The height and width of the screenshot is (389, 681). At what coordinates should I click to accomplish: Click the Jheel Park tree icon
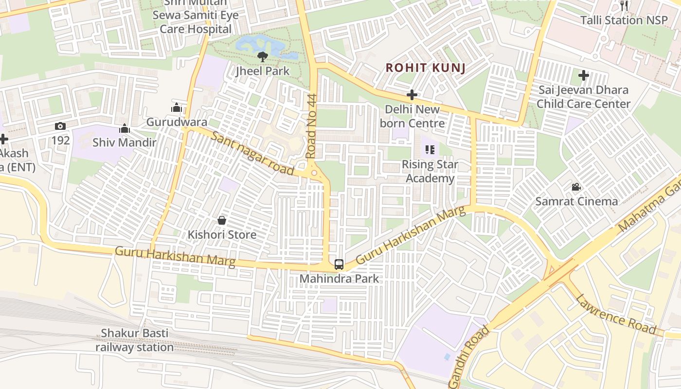coord(263,57)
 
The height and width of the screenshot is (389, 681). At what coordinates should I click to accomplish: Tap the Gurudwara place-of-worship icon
coord(176,107)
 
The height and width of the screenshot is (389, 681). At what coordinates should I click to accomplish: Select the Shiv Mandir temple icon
coord(125,128)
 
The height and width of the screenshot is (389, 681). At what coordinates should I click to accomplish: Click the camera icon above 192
coord(60,126)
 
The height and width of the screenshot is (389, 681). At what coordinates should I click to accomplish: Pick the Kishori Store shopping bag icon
coord(222,220)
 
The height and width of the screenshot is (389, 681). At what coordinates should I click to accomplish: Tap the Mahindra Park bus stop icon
coord(339,265)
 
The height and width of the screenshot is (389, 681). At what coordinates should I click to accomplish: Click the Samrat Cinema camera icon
coord(576,187)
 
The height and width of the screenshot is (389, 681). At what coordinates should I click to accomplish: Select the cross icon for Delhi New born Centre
coord(412,95)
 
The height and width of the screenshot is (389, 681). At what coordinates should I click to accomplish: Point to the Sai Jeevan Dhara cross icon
coord(584,75)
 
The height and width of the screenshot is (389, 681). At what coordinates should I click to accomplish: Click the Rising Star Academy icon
coord(430,150)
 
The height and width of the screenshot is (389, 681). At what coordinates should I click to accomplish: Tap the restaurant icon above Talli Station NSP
coord(625,6)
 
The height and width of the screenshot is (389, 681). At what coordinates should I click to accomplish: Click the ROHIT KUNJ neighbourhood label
coord(426,68)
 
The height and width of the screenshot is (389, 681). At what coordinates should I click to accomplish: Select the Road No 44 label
coord(311,126)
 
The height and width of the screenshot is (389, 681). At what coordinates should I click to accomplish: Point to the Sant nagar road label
coord(253,154)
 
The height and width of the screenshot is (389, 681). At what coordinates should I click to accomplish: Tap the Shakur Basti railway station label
coord(134,340)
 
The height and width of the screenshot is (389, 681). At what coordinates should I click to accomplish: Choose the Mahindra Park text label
coord(339,279)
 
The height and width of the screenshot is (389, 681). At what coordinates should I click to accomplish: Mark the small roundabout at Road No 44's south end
coord(314,173)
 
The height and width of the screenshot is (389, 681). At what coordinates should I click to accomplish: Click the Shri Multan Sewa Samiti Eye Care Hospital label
coord(196,16)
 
